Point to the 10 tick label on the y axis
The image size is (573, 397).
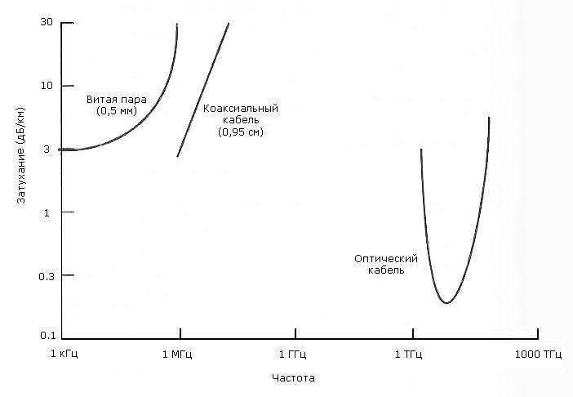[47, 86]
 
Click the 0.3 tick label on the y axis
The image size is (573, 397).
[46, 276]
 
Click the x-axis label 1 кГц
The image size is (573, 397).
[64, 355]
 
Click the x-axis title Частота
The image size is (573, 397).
[293, 379]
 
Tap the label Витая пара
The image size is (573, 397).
[117, 100]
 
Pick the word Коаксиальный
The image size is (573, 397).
[242, 108]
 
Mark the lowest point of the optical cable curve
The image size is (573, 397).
[446, 303]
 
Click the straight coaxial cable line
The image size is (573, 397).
[202, 90]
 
